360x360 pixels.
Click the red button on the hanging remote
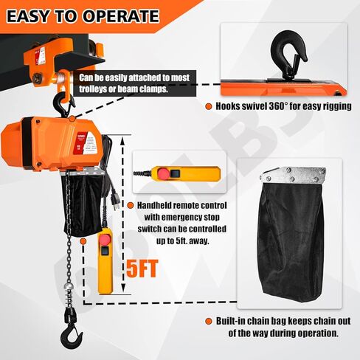point(105,240)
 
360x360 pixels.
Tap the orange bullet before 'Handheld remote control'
point(130,205)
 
